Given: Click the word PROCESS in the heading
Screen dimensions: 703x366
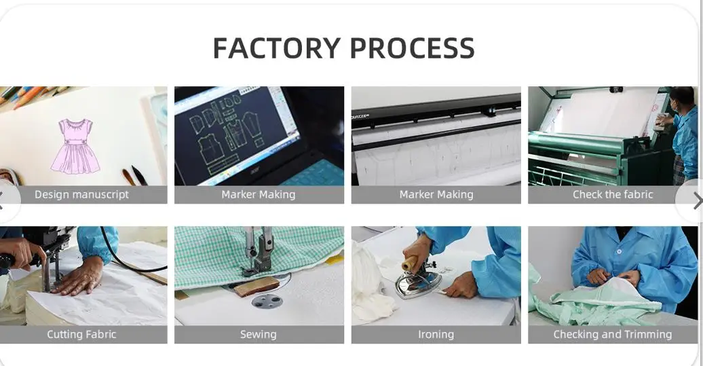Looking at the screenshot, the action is coord(412,48).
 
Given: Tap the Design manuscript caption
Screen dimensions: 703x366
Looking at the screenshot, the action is coord(81,194).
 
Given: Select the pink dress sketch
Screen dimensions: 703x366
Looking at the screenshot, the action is coord(75,145).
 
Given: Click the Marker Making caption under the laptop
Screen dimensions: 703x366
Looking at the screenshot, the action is coord(259,194).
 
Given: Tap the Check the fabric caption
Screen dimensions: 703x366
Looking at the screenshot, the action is coord(613,194).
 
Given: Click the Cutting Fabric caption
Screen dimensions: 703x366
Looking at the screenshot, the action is coord(81,334).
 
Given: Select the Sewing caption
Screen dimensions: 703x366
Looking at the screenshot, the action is coord(259,334).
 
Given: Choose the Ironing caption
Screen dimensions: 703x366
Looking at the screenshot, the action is coord(436,334).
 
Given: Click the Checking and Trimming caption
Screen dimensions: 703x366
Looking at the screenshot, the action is coord(613,334).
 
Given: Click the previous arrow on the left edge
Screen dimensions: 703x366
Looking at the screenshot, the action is coord(2,200).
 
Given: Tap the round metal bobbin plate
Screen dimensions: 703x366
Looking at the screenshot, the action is coord(267,299).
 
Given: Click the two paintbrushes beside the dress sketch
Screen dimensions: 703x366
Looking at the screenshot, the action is coord(134,176).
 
